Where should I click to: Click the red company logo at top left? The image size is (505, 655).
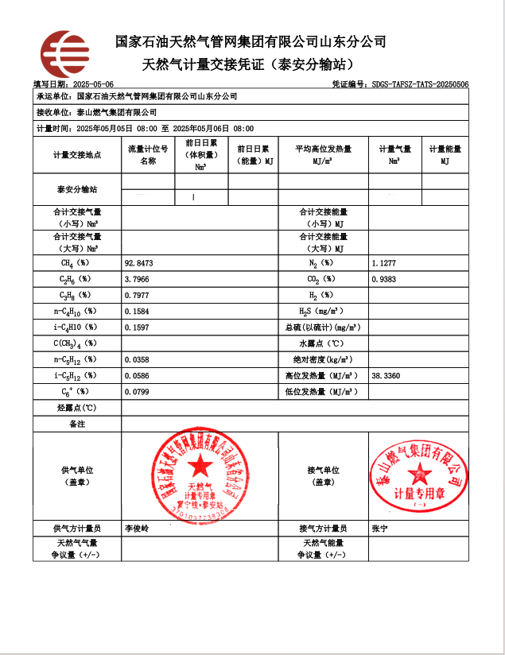tap(64, 53)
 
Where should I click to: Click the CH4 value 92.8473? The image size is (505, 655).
tap(139, 262)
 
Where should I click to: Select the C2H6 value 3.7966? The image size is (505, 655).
tap(138, 279)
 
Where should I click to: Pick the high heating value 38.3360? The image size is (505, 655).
tap(386, 375)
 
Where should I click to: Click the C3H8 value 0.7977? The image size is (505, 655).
tap(138, 295)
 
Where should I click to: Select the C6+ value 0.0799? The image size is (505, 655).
tap(138, 391)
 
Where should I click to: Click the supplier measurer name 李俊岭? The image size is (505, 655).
tap(137, 528)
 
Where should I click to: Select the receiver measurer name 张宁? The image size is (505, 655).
tap(379, 528)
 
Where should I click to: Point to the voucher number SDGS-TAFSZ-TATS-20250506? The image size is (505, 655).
tap(420, 84)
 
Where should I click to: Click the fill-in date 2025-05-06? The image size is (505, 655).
tap(93, 84)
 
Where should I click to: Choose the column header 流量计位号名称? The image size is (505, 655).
tap(148, 154)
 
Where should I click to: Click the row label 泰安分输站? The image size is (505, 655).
tap(77, 190)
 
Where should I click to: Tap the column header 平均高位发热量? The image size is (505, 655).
tap(323, 149)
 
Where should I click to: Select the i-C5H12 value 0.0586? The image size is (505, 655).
tap(138, 375)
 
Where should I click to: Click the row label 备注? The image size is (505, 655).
tap(77, 424)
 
